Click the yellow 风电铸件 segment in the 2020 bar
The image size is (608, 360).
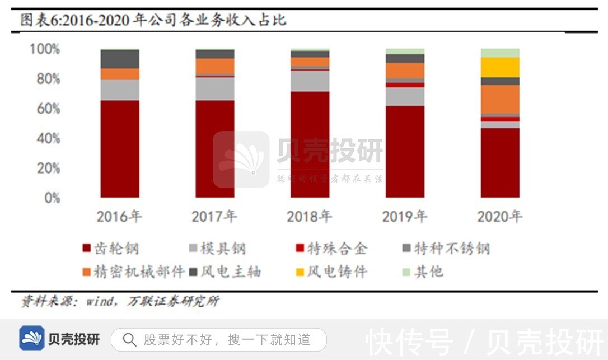pyautogui.click(x=500, y=67)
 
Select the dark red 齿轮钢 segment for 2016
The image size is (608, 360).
pyautogui.click(x=120, y=148)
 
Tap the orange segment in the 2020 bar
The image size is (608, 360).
pyautogui.click(x=500, y=99)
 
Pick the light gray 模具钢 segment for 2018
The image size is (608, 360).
pyautogui.click(x=310, y=81)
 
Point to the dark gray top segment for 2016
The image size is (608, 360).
pyautogui.click(x=120, y=59)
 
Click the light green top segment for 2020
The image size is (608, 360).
pyautogui.click(x=500, y=53)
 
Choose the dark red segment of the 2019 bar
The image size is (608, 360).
pyautogui.click(x=405, y=151)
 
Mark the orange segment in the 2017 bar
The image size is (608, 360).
pyautogui.click(x=215, y=66)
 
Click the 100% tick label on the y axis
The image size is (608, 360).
pyautogui.click(x=44, y=49)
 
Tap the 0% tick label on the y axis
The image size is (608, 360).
pyautogui.click(x=49, y=198)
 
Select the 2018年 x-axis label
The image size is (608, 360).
pyautogui.click(x=310, y=217)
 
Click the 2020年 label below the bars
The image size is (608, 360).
pyautogui.click(x=500, y=217)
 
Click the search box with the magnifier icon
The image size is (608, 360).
pyautogui.click(x=218, y=339)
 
